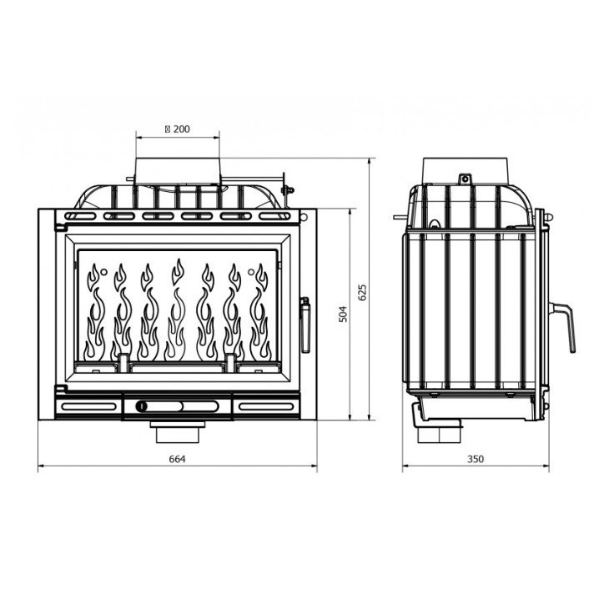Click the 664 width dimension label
(176, 458)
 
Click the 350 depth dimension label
(476, 458)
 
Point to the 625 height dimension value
(362, 292)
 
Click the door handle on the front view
(305, 324)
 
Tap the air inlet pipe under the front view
(177, 432)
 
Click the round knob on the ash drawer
(142, 406)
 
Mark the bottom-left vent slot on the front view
(88, 406)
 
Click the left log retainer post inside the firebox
(123, 362)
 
